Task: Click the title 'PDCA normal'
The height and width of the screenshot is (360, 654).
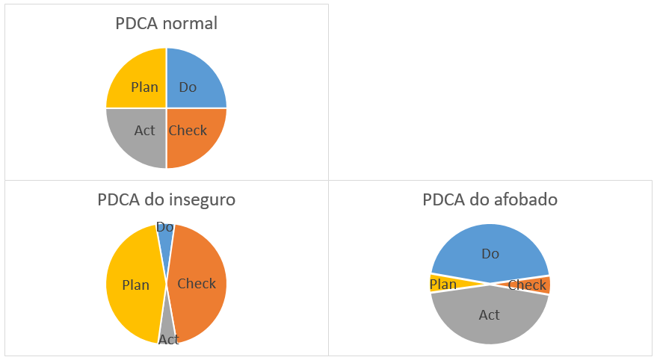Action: tap(166, 23)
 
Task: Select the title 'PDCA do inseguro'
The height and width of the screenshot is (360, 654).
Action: tap(166, 200)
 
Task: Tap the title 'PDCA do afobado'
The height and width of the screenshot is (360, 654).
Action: tap(490, 200)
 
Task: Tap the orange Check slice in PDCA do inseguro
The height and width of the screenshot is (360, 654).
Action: tap(198, 284)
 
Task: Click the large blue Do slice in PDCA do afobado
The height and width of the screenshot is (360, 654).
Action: tap(490, 250)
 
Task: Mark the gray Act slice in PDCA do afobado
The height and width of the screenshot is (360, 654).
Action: tap(490, 317)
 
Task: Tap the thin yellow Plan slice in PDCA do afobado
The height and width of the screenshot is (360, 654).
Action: tap(445, 283)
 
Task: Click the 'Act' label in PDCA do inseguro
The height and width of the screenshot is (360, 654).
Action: tap(169, 340)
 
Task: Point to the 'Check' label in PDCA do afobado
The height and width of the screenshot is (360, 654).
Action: tap(527, 285)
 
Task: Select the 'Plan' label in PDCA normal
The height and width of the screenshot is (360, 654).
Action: tap(144, 87)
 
